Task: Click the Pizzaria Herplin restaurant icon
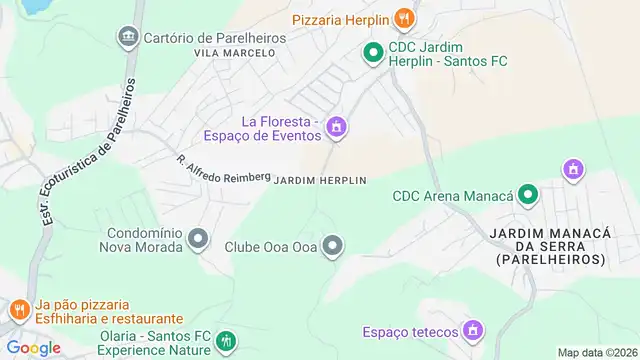coord(404,18)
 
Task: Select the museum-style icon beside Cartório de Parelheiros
coord(128,38)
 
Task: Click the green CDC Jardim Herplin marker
coord(372,53)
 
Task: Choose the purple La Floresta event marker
coord(337,126)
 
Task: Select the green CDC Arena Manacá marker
coord(528,195)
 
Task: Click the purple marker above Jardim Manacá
coord(573,169)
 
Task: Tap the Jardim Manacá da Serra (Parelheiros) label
coord(549,245)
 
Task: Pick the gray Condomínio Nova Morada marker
coord(198,238)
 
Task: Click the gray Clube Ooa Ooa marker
coord(334,245)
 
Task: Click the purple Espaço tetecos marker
coord(473,331)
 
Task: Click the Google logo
coord(33,348)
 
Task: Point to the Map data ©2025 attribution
coord(596,352)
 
